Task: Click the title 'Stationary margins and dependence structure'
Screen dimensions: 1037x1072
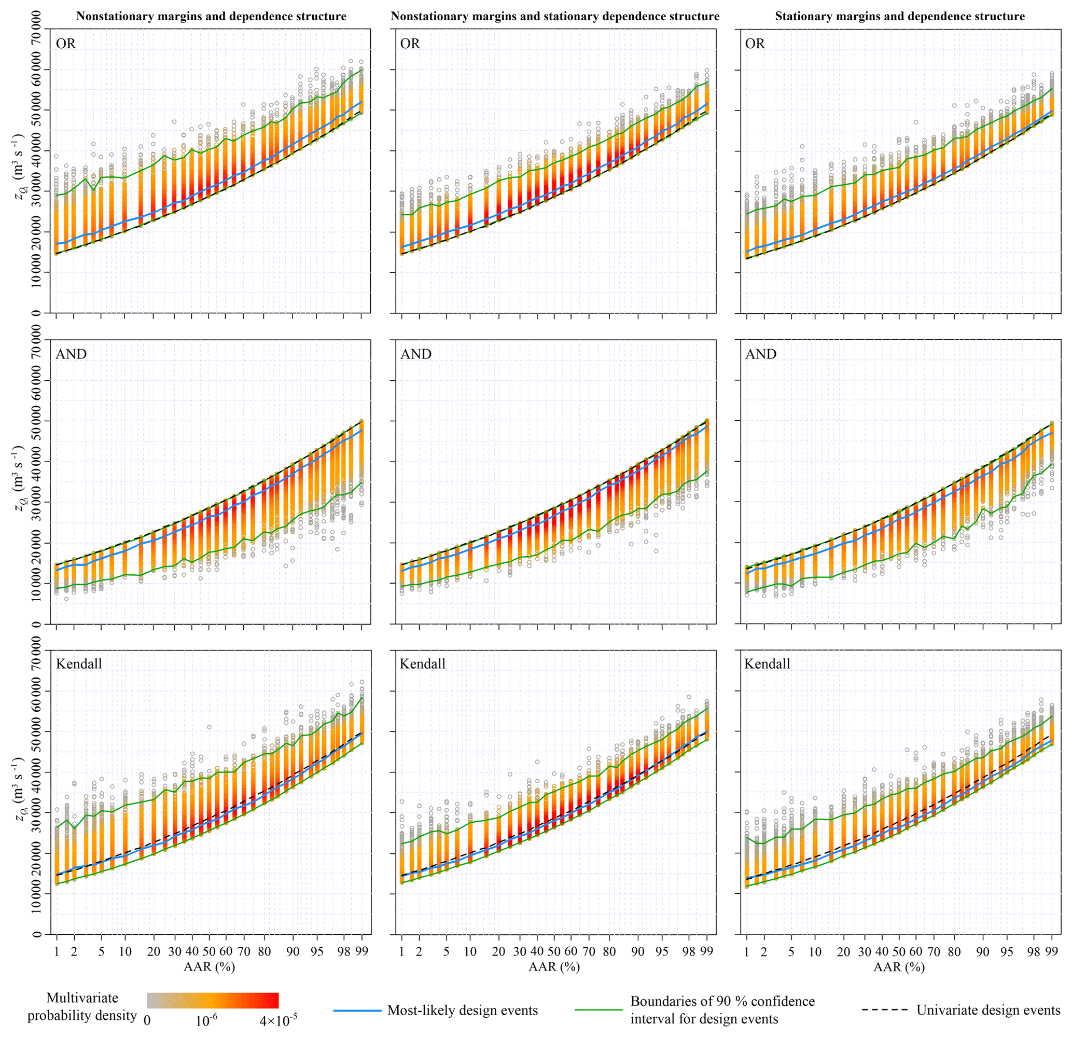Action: pos(900,17)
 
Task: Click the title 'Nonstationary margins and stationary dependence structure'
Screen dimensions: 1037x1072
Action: pos(555,17)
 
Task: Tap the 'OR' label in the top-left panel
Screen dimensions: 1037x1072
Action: pos(66,44)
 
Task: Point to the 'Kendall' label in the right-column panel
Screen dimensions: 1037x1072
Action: pos(768,664)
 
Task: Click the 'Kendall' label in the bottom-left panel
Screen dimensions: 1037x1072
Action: pos(79,664)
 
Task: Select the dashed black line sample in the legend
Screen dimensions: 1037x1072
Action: pos(884,1010)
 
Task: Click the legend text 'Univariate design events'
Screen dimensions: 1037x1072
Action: pos(989,1010)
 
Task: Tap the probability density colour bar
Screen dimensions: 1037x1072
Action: pos(213,1000)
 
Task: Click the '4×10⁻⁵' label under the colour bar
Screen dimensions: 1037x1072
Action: pos(279,1020)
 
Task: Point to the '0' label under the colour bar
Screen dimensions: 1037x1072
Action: pos(147,1020)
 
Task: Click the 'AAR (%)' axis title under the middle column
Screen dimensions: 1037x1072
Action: pos(554,967)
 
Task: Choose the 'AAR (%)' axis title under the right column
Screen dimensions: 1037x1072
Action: pos(899,967)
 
